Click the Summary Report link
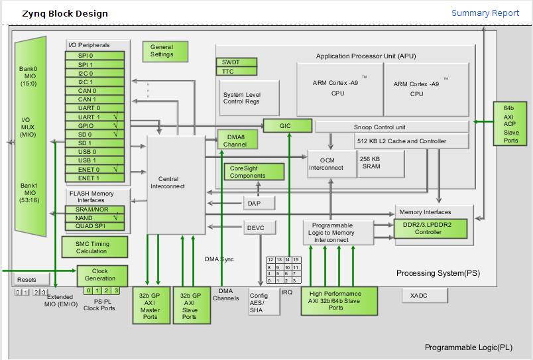tap(485, 13)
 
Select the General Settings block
tap(165, 51)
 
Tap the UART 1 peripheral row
tap(95, 117)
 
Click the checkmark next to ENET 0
tap(115, 168)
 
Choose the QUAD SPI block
tap(95, 226)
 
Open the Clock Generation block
tap(102, 275)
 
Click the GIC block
tap(288, 126)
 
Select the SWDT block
tap(237, 62)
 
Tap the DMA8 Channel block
tap(237, 140)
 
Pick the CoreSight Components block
tap(254, 172)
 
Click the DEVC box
tap(259, 227)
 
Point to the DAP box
tap(259, 203)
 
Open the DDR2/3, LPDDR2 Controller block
tap(430, 229)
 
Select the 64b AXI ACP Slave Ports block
tap(510, 124)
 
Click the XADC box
tap(425, 296)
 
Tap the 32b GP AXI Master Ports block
tap(151, 305)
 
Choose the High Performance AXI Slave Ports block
tap(339, 301)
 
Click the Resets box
tap(32, 279)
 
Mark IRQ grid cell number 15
tap(296, 260)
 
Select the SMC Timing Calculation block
tap(95, 247)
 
